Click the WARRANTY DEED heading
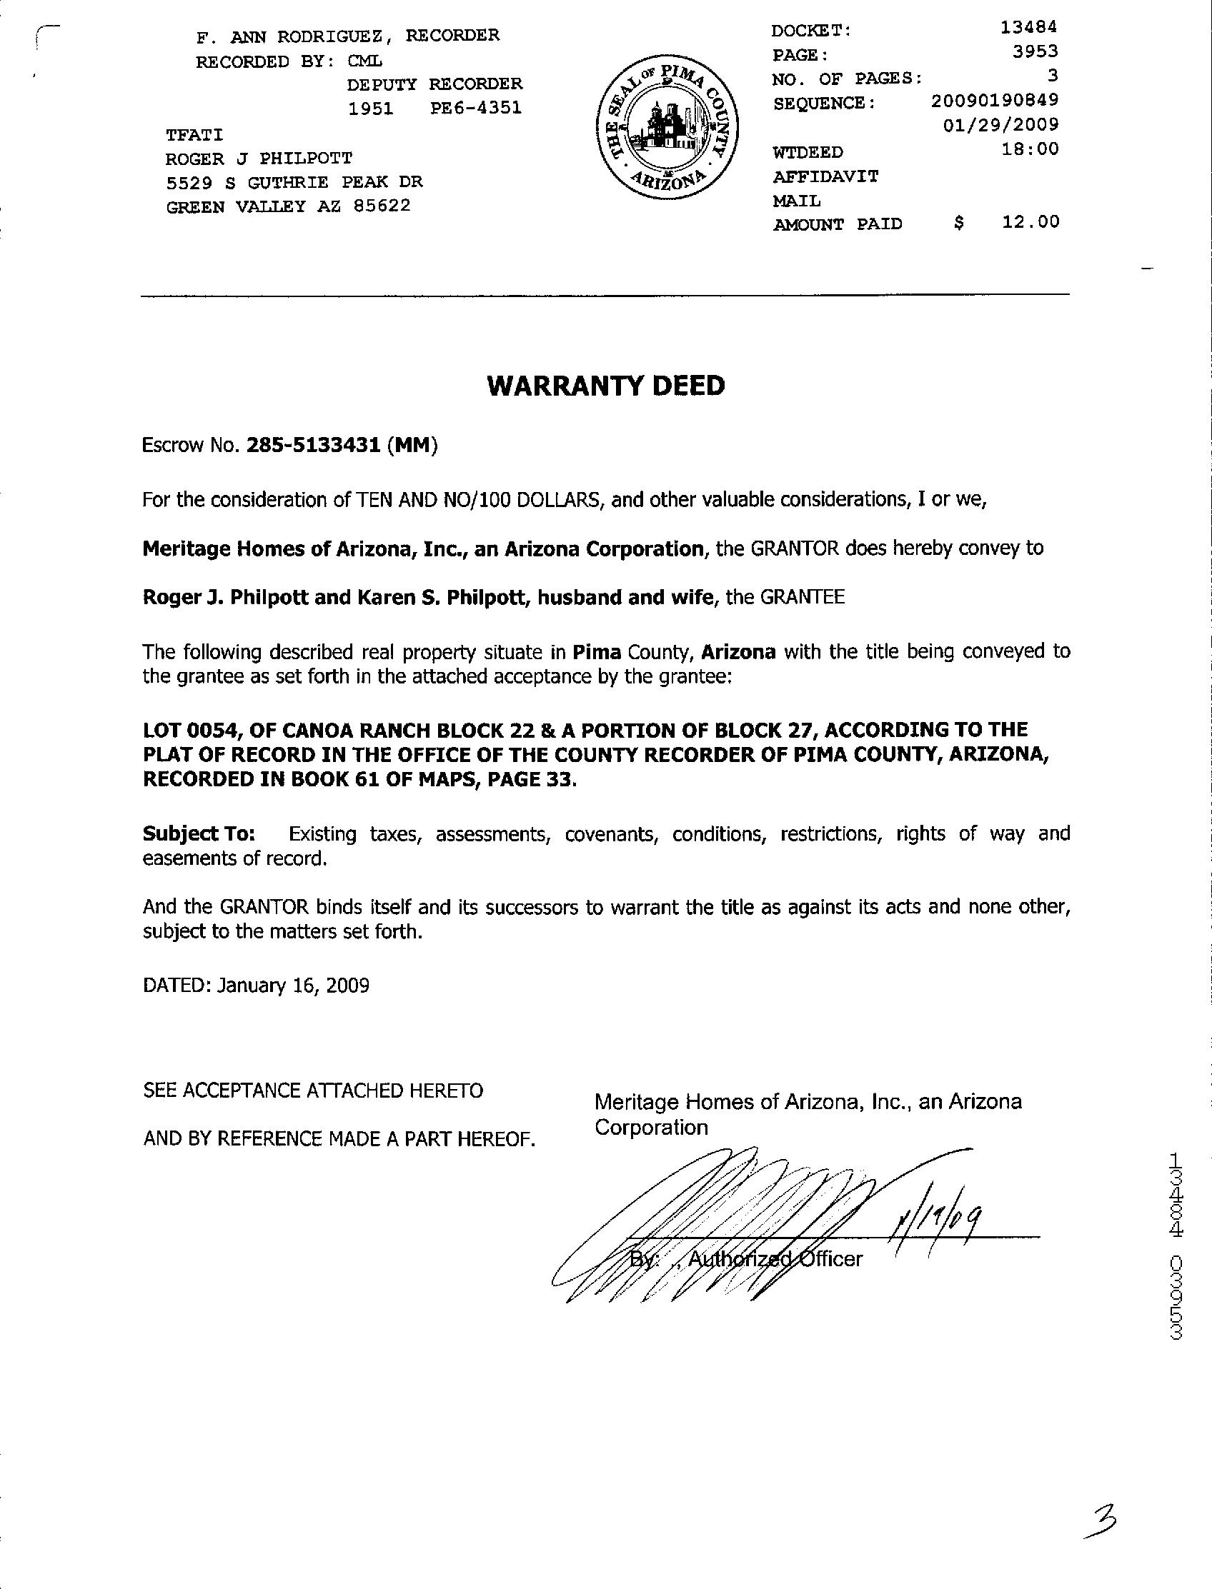click(x=606, y=386)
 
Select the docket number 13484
click(x=1029, y=28)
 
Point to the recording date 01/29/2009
click(x=1000, y=124)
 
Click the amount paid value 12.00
click(x=1031, y=221)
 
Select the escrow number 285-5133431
click(x=313, y=446)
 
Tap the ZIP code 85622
click(x=382, y=206)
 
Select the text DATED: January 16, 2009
click(x=256, y=985)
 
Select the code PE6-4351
click(x=475, y=108)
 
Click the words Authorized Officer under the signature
click(x=775, y=1259)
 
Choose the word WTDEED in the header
click(x=808, y=153)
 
